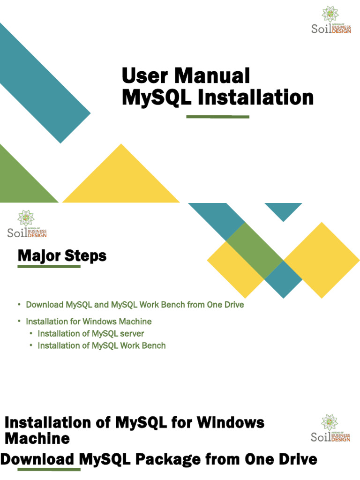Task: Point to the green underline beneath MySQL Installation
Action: click(x=217, y=116)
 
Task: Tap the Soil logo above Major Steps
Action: click(x=27, y=225)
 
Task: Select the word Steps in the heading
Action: click(x=87, y=256)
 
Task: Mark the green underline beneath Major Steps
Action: click(x=49, y=267)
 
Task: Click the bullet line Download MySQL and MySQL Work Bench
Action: click(x=135, y=305)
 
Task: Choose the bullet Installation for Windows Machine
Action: click(x=89, y=322)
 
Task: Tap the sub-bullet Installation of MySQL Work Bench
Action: click(x=102, y=346)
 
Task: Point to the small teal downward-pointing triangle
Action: click(x=283, y=210)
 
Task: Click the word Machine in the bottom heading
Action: click(x=37, y=439)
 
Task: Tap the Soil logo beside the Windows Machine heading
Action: click(x=330, y=428)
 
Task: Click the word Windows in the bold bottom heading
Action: click(x=230, y=422)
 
